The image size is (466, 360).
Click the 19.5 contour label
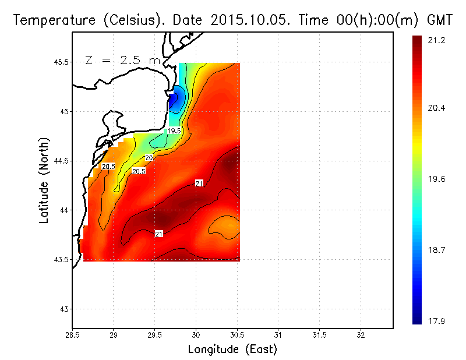click(x=174, y=131)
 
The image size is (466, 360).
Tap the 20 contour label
click(x=149, y=158)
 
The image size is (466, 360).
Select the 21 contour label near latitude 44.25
click(x=199, y=183)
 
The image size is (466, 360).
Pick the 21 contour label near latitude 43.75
click(x=158, y=234)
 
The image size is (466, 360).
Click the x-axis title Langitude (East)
click(x=232, y=350)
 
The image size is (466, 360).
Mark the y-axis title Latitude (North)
click(x=44, y=179)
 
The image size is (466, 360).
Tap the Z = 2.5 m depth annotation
click(x=122, y=60)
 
